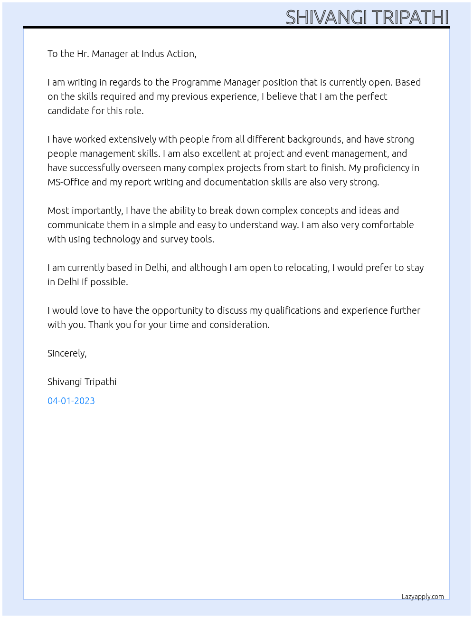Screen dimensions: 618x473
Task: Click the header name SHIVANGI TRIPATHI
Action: pyautogui.click(x=367, y=17)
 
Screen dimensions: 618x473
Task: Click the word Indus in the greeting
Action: pyautogui.click(x=152, y=54)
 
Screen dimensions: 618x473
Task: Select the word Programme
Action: pyautogui.click(x=196, y=82)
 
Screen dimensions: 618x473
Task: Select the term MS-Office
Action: pyautogui.click(x=68, y=182)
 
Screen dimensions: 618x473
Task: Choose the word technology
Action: pyautogui.click(x=116, y=239)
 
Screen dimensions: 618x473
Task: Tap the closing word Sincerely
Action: pyautogui.click(x=66, y=353)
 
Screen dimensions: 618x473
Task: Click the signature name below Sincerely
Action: pyautogui.click(x=82, y=382)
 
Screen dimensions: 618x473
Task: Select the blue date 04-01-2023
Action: pyautogui.click(x=71, y=401)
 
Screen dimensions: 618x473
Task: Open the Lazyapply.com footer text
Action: pyautogui.click(x=423, y=597)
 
